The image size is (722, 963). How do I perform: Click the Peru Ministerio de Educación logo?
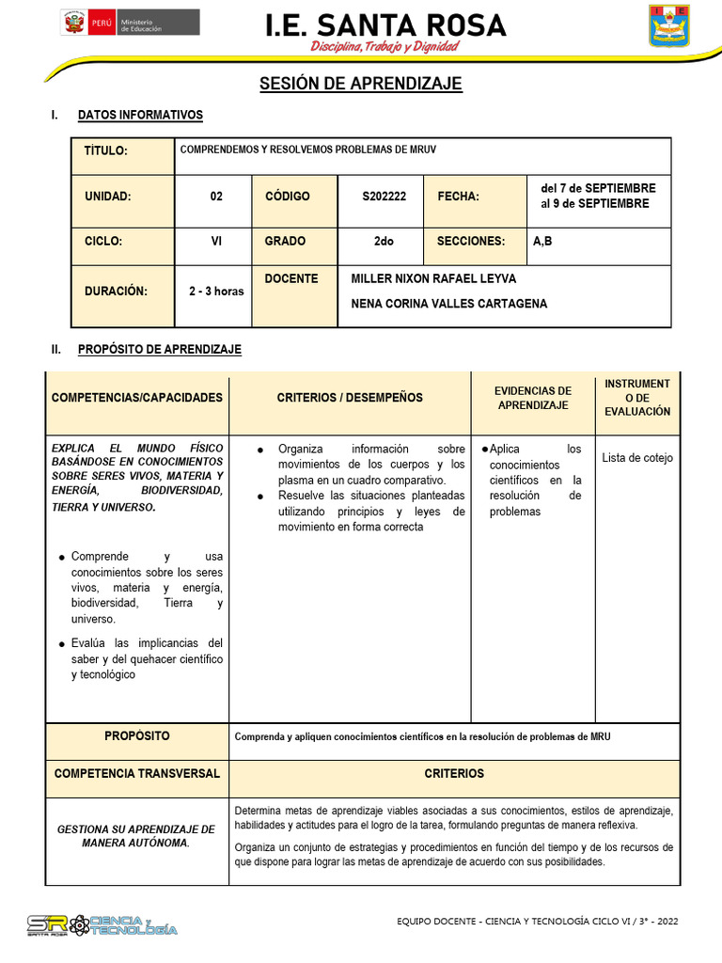(130, 23)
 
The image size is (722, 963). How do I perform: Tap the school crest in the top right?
(669, 25)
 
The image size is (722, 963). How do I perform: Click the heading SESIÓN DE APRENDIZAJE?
(361, 84)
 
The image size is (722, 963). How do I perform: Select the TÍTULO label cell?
(105, 151)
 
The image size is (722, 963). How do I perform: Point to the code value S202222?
(384, 197)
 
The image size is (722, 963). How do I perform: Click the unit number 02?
(216, 197)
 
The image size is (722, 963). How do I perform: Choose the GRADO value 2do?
(384, 242)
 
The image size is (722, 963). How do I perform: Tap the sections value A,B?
(542, 242)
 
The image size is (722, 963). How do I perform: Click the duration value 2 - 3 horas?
(216, 292)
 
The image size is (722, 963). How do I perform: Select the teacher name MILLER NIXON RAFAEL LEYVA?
(433, 279)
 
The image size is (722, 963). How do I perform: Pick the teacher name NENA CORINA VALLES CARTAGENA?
(448, 304)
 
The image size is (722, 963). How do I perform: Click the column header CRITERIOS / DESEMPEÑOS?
(350, 398)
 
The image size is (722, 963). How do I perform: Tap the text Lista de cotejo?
(637, 458)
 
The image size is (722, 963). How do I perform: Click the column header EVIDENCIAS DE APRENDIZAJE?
(533, 398)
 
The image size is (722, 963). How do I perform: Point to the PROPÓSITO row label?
(137, 736)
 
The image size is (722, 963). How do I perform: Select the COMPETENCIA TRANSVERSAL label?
(137, 774)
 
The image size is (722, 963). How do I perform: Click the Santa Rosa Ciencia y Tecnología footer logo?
(102, 924)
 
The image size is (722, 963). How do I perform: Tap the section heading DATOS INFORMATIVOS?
(140, 116)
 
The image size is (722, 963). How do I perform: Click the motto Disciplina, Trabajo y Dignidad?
(385, 46)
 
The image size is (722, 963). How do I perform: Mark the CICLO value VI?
(216, 242)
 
